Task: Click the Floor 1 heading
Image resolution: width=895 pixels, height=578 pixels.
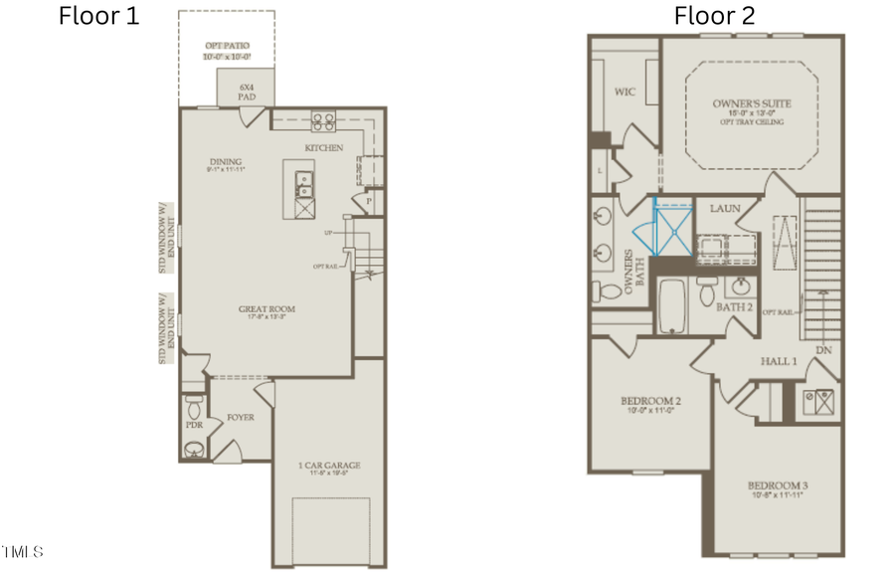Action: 99,16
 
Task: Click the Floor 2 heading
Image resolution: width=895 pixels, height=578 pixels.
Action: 714,16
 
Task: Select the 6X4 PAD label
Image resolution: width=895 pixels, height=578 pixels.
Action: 248,93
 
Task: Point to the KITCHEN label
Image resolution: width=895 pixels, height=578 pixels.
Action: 324,148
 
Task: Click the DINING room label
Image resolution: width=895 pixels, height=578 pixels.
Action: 226,162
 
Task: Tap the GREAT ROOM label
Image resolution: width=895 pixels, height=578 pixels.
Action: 267,309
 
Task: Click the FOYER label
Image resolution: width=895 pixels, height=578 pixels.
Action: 241,417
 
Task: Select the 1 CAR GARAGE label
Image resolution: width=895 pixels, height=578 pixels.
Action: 329,465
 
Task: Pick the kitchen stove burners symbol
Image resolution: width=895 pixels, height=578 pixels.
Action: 324,122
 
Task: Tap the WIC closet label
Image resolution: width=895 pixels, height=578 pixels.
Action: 625,92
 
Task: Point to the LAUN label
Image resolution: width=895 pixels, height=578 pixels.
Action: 724,208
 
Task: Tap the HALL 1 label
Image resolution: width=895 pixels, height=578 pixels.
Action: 779,361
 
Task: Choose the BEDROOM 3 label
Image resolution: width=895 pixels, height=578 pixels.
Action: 778,486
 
